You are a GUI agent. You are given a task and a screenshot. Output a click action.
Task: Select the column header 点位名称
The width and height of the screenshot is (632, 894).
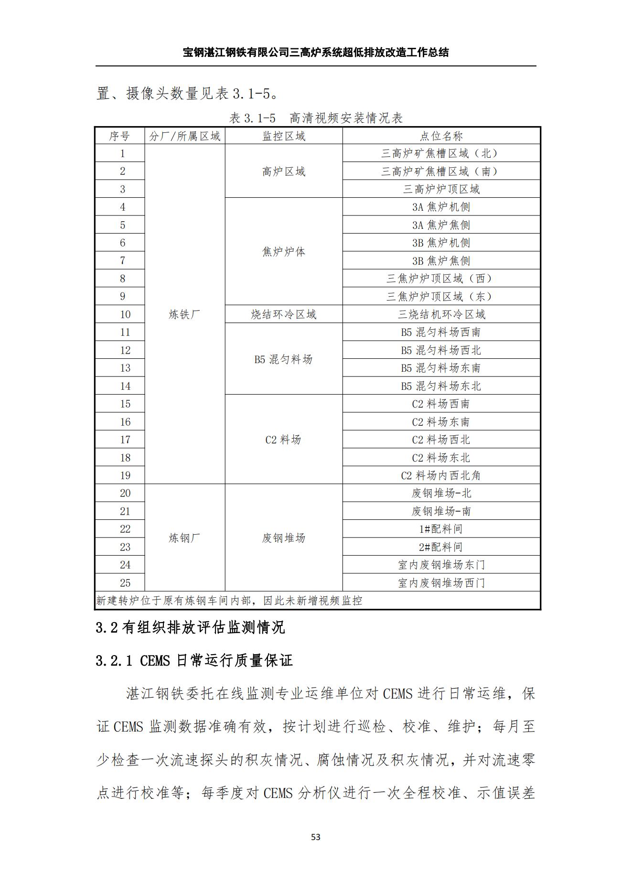click(x=441, y=136)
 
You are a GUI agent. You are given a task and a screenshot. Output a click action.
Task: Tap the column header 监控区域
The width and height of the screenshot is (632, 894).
click(x=284, y=136)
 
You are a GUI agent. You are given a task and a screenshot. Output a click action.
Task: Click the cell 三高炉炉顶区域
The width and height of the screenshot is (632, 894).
click(x=441, y=189)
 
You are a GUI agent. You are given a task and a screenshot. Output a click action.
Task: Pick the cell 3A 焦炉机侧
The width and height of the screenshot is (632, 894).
click(x=441, y=207)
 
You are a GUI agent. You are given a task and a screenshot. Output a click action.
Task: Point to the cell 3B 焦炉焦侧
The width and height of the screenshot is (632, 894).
click(x=441, y=261)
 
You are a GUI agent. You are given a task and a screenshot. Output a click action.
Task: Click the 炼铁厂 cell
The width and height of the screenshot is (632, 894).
click(x=184, y=314)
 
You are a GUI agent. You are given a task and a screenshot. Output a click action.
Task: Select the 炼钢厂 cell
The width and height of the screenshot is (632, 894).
click(x=184, y=538)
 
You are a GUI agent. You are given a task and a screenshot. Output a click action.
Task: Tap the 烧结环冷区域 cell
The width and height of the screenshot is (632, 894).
click(x=284, y=314)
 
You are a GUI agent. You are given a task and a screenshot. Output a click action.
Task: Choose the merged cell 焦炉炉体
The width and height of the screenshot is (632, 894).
click(x=284, y=252)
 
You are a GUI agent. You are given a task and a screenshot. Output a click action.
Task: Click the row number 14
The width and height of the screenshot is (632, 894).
click(x=125, y=386)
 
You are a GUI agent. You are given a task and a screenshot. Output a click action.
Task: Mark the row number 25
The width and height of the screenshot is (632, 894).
click(x=125, y=583)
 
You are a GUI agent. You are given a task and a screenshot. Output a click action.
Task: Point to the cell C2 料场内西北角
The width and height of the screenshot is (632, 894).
click(x=441, y=475)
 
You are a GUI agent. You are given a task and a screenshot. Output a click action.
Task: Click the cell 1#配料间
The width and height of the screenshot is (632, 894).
click(x=441, y=529)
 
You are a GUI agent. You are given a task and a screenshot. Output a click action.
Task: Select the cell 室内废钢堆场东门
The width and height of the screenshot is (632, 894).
click(x=441, y=565)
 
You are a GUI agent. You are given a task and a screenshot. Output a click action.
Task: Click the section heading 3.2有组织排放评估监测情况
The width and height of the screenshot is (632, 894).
click(x=190, y=627)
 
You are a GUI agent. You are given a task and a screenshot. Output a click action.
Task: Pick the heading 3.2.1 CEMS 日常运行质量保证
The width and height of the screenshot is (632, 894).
click(x=194, y=661)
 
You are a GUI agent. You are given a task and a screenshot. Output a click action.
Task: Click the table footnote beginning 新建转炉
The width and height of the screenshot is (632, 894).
click(x=229, y=601)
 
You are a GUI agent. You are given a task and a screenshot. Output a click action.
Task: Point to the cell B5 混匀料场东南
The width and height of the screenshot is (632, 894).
click(x=441, y=368)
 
